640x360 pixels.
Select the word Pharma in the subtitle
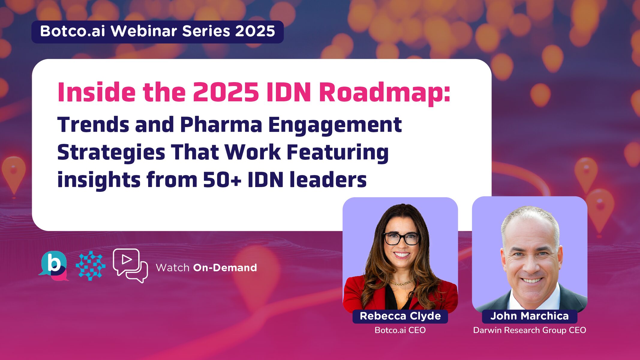click(x=221, y=125)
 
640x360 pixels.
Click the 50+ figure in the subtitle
click(x=222, y=180)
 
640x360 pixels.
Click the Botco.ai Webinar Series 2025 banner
click(x=157, y=31)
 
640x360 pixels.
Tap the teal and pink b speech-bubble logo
click(x=54, y=266)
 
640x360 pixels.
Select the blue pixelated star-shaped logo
click(x=91, y=266)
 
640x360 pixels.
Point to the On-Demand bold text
click(x=225, y=268)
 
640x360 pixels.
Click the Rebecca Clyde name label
click(x=400, y=316)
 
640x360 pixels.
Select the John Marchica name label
click(x=529, y=316)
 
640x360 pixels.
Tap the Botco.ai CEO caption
click(x=400, y=330)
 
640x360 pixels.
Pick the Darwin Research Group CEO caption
click(x=529, y=330)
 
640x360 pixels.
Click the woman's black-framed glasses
click(x=402, y=239)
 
